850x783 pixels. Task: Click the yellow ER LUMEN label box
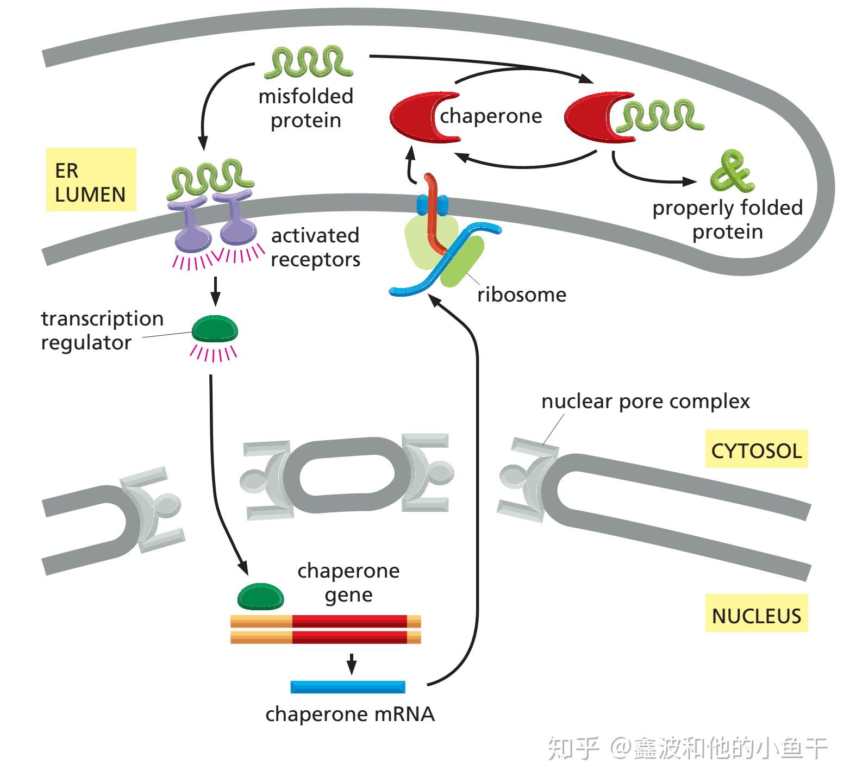91,179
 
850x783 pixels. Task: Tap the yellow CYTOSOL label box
756,449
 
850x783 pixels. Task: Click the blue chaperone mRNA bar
348,687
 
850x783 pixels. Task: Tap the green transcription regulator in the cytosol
215,329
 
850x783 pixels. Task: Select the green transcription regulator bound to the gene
261,596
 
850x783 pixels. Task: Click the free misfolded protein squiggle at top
308,62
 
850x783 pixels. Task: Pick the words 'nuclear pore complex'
646,402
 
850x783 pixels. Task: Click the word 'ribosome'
522,295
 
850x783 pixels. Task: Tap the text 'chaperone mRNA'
350,714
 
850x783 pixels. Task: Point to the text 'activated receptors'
315,247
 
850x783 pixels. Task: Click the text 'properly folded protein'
728,220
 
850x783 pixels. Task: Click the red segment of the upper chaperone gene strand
349,621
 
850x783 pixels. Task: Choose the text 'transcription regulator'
102,330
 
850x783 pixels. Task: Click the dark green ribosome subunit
462,262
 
